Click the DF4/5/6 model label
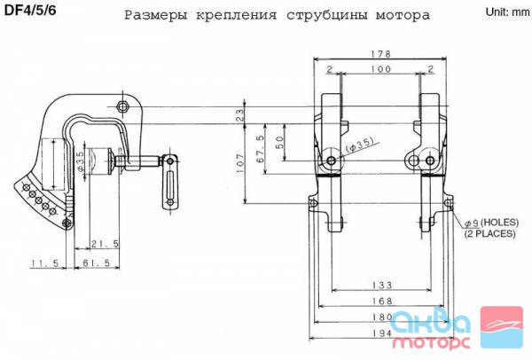tap(30, 11)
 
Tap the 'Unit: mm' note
tap(507, 12)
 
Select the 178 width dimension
tap(380, 54)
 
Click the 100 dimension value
tap(380, 69)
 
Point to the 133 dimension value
tap(381, 285)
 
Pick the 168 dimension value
tap(382, 301)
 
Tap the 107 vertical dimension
tap(240, 164)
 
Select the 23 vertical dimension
tap(240, 115)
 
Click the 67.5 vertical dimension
tap(260, 149)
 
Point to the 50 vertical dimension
tap(279, 143)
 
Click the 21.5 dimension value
tap(105, 243)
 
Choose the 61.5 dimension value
tap(97, 262)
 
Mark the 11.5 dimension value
tap(45, 262)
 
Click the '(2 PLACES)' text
tap(489, 233)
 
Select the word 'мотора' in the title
tap(403, 14)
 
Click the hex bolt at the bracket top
tap(122, 107)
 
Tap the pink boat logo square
tap(502, 327)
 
